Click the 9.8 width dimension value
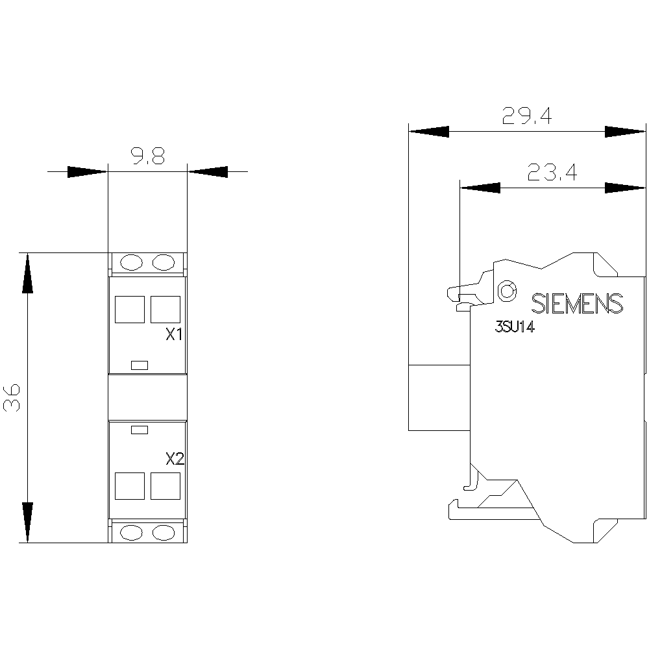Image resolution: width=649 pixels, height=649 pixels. [148, 156]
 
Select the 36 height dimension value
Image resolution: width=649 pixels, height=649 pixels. [12, 397]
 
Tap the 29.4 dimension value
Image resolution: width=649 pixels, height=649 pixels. [527, 116]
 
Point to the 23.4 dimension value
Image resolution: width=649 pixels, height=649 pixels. [552, 172]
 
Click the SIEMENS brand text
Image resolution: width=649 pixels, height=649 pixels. [577, 303]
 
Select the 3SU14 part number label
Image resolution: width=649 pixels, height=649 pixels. [515, 327]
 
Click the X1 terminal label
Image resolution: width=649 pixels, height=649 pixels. [174, 334]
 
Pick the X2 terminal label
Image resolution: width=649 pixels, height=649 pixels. [175, 459]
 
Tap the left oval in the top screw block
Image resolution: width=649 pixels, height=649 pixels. [131, 262]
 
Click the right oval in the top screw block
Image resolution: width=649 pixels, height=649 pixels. [164, 262]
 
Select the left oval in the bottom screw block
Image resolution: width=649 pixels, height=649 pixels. [131, 533]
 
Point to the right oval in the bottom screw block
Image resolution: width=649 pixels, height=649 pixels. [164, 533]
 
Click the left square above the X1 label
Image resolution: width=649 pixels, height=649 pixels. [130, 309]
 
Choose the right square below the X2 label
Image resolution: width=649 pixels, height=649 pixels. [165, 486]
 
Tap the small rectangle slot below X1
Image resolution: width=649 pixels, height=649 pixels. [140, 365]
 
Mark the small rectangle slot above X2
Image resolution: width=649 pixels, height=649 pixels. [140, 430]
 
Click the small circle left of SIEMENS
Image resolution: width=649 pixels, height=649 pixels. [507, 290]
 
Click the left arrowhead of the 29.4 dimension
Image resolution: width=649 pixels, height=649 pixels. [429, 132]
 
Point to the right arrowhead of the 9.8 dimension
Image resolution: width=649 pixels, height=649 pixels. [208, 172]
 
